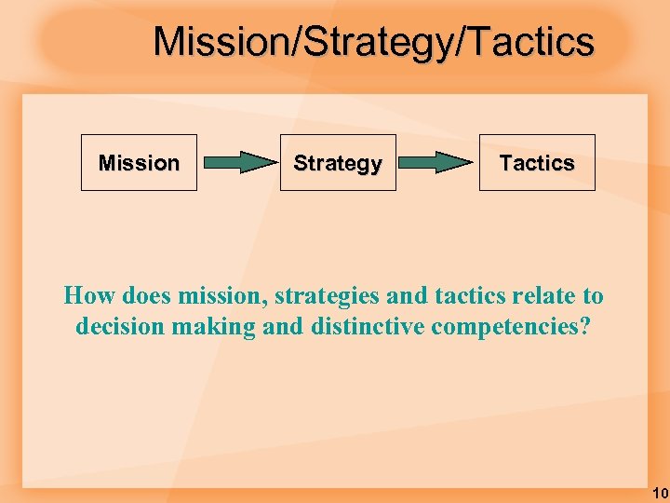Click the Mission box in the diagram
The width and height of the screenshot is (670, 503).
139,163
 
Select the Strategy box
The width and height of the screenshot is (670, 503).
338,163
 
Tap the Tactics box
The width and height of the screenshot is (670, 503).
537,163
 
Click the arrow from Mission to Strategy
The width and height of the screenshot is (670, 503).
239,163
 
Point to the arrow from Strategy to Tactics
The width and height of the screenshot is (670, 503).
438,163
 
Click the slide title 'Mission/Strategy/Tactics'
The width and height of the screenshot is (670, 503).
373,42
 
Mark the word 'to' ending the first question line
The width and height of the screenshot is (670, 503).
593,296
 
